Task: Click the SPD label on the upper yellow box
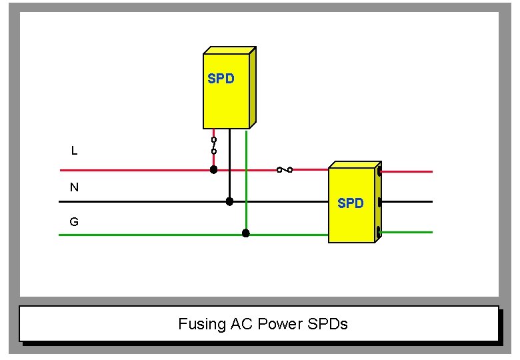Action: pos(221,79)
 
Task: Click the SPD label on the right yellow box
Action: pos(351,203)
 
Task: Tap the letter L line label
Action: pos(74,151)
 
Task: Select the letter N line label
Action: pos(74,187)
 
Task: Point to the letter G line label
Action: pos(74,222)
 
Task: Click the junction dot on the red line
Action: pos(214,170)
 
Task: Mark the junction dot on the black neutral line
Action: pos(229,201)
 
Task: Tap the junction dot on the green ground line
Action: pos(245,233)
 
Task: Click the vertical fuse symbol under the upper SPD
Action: pos(214,146)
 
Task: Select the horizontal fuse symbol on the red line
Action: pos(285,170)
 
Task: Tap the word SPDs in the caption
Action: pos(328,325)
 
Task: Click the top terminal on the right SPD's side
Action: pos(379,171)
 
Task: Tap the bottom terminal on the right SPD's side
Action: pos(379,231)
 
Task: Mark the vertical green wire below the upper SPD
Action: pos(246,180)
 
